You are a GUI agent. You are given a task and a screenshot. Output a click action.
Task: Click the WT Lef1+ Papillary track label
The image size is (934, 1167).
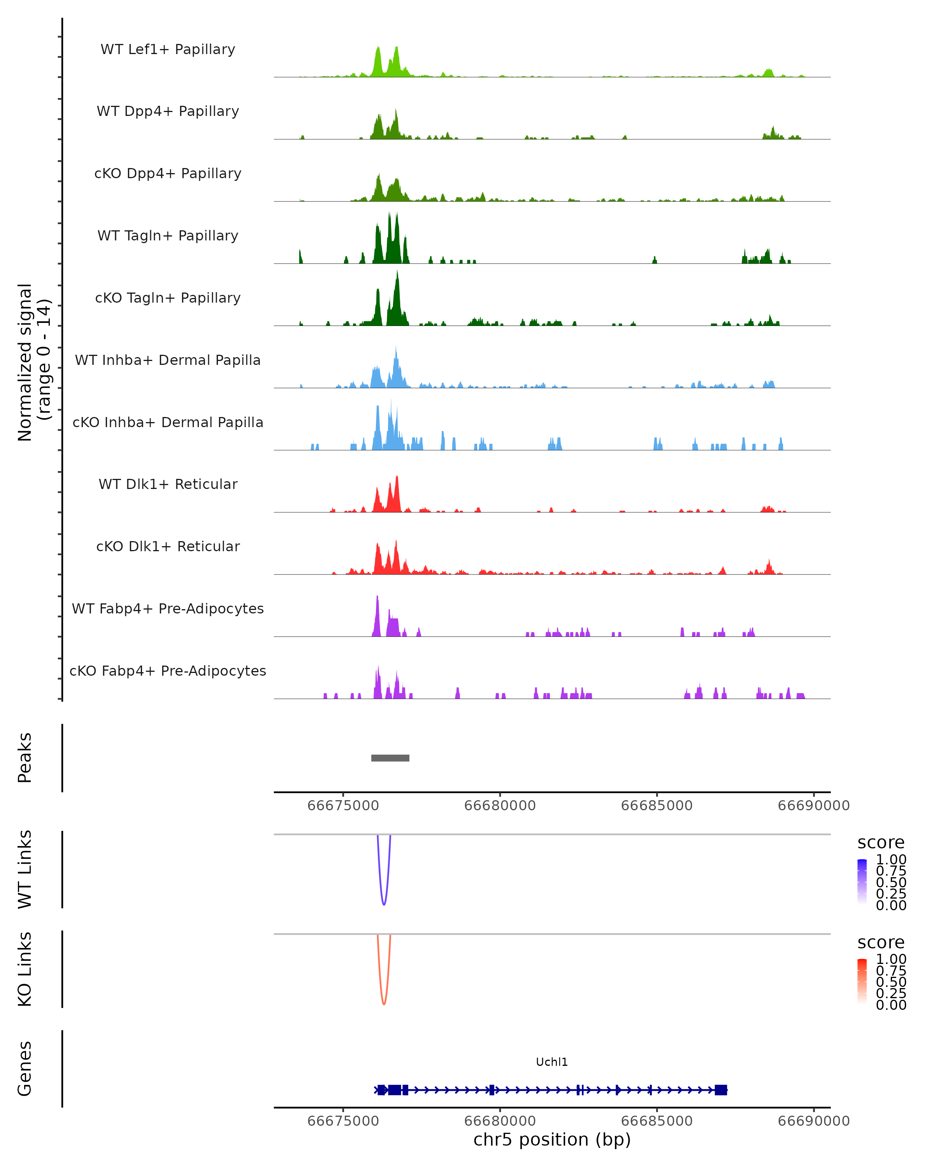tap(168, 49)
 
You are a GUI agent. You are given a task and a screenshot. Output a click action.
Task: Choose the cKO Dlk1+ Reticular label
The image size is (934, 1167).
tap(168, 546)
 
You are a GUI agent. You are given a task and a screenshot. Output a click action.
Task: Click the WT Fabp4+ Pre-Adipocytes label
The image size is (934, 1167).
tap(168, 608)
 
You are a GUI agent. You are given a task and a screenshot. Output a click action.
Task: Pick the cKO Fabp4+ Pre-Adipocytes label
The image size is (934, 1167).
tap(168, 671)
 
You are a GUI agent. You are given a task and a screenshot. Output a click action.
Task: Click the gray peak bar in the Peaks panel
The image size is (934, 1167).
tap(390, 758)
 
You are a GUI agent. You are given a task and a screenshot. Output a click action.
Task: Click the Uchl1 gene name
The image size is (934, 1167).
tap(552, 1062)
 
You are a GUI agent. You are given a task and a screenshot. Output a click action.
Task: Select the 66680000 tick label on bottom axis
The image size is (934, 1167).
tap(500, 1121)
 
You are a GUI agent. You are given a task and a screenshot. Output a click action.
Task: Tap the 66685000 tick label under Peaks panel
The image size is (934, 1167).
tap(657, 806)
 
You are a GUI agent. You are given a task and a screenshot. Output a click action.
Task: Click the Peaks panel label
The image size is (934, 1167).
tap(25, 758)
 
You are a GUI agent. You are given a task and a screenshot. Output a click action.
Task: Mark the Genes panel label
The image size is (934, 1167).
tap(25, 1069)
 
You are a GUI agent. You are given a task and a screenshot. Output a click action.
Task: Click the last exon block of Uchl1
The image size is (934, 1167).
tap(721, 1090)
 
